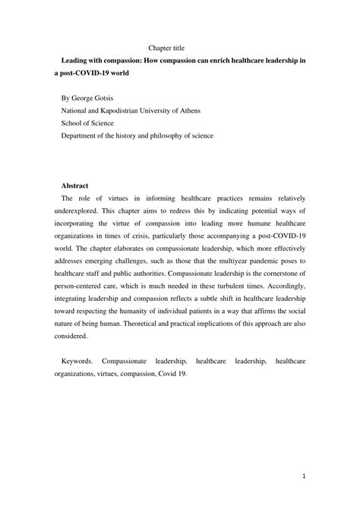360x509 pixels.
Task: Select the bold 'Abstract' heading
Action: pyautogui.click(x=74, y=185)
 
